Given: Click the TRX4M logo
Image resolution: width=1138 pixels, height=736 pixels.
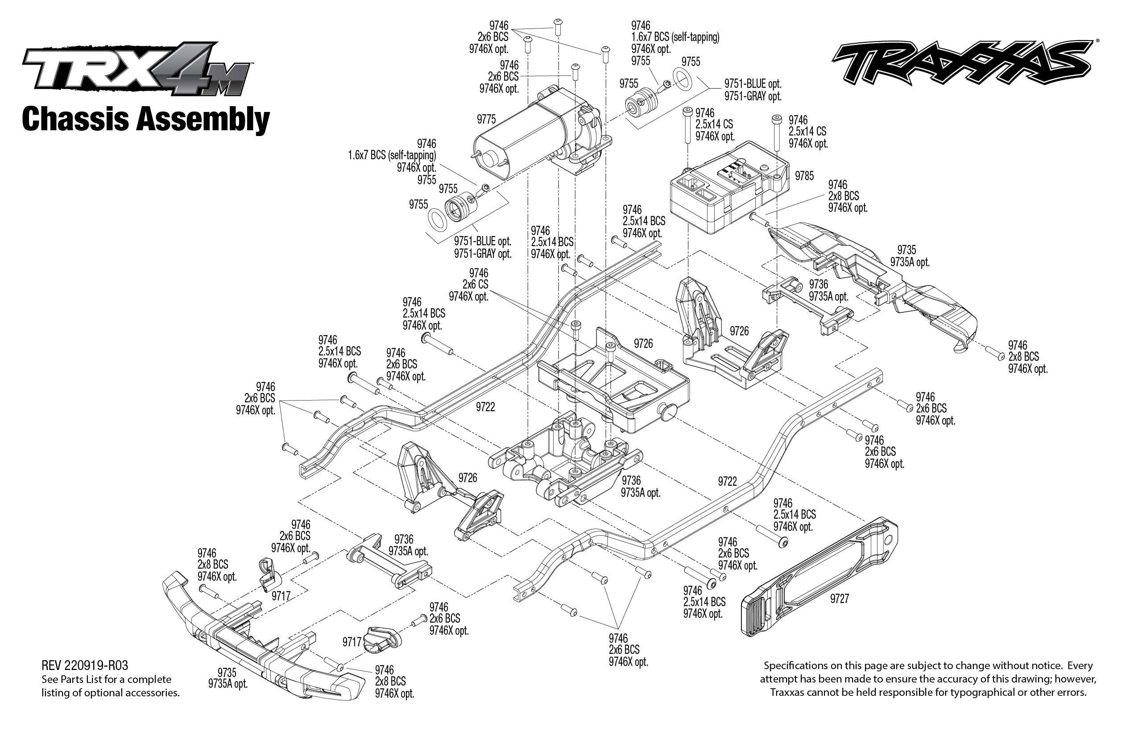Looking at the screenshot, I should coord(136,69).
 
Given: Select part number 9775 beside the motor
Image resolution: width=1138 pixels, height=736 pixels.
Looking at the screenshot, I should coord(486,119).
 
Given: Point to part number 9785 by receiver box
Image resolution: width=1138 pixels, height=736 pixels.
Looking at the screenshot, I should coord(804,176).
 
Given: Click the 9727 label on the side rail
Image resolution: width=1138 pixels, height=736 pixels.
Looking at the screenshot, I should coord(839,599).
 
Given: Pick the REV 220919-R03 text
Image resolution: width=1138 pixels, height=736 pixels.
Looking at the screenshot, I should coord(85,665).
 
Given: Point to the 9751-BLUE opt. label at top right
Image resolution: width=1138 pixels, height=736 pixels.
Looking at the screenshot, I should coord(752,84).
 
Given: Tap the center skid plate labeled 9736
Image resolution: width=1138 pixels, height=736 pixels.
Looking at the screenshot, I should coord(564,459).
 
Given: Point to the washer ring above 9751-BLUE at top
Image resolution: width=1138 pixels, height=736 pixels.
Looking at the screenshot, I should coord(682,79).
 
